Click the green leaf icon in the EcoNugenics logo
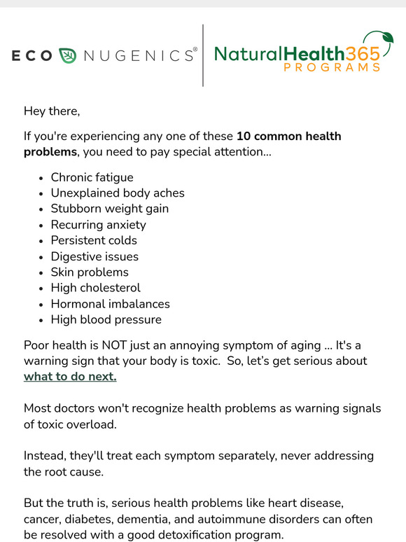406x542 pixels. coord(67,55)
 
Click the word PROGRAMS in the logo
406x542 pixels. coord(332,68)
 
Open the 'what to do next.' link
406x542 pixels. coord(70,377)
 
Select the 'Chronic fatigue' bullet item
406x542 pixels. coord(92,177)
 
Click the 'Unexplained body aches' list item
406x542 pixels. coord(118,193)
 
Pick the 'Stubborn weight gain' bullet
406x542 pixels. coord(109,209)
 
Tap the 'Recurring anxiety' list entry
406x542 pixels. coord(98,225)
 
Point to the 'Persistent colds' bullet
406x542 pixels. coord(94,240)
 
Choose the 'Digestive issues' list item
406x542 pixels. coord(94,256)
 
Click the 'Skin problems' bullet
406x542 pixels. coord(90,272)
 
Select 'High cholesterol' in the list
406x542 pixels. coord(95,288)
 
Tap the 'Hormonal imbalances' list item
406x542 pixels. coord(110,304)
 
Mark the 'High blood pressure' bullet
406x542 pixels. coord(106,319)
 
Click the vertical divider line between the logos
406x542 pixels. coord(203,55)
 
